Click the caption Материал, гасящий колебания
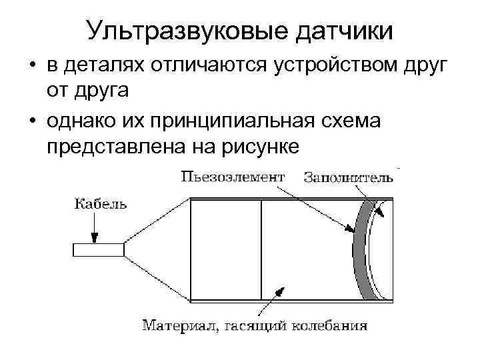pos(254,326)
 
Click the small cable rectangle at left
pos(98,249)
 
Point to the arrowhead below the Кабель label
pos(95,237)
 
